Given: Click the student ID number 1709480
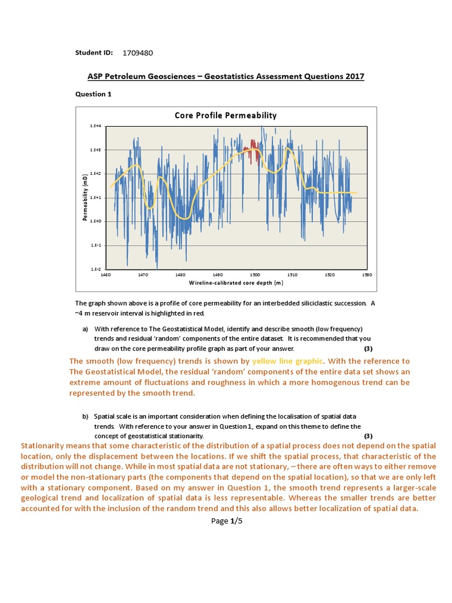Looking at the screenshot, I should [138, 53].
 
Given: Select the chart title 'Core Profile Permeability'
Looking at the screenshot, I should [225, 115].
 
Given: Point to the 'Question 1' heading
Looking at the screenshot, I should [94, 94].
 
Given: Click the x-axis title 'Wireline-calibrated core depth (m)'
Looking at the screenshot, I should [236, 283].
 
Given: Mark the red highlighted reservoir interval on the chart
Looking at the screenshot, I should [254, 148].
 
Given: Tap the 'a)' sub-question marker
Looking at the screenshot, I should [85, 329].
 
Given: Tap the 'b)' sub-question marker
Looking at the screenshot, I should [85, 416].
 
